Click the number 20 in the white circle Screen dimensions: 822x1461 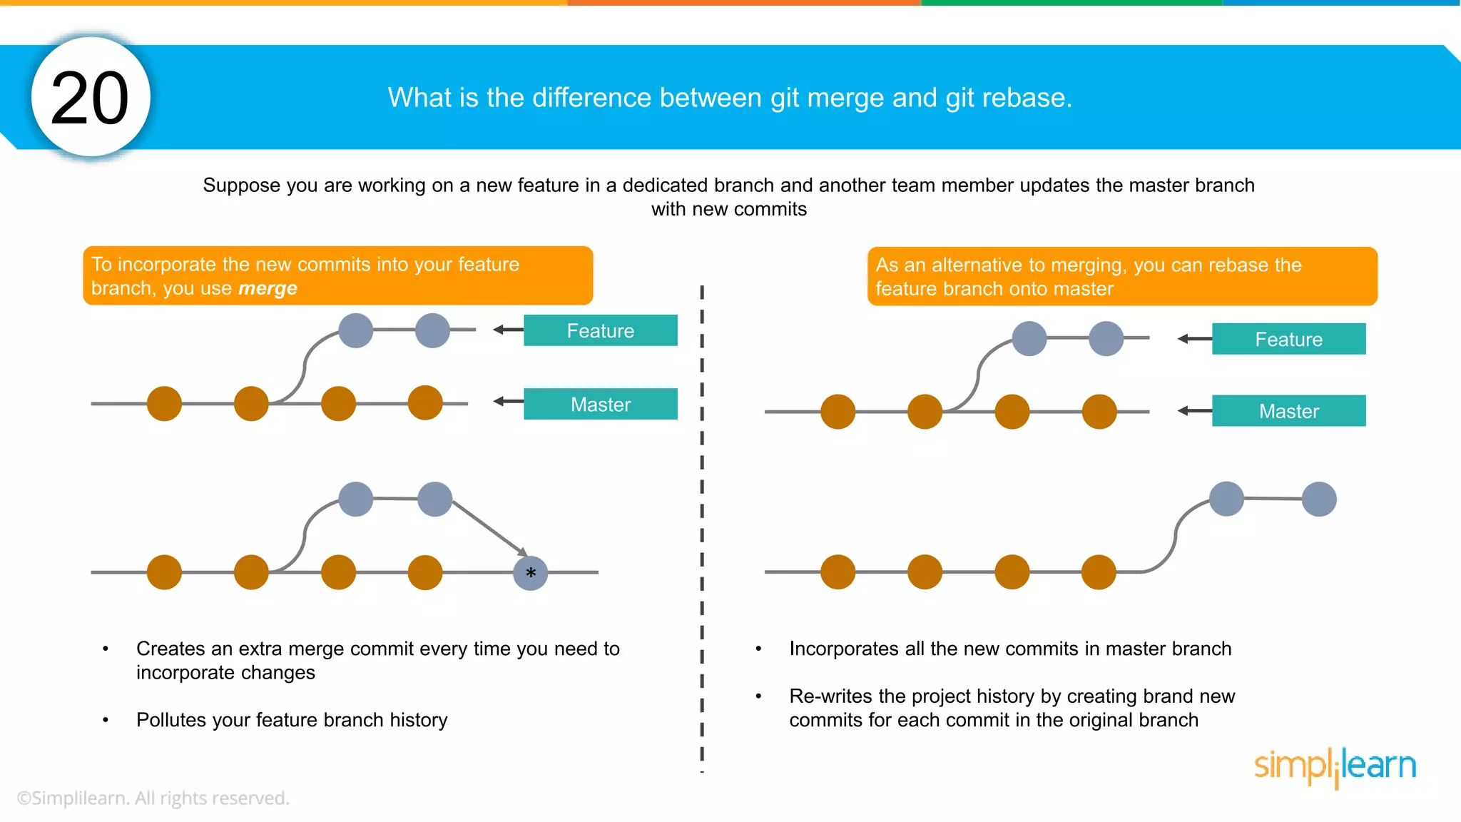click(x=90, y=98)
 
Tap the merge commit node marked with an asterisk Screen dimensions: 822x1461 click(x=530, y=573)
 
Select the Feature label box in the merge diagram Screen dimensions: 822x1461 click(x=600, y=330)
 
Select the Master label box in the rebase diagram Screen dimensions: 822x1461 click(x=1288, y=411)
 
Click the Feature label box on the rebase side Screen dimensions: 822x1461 click(x=1288, y=339)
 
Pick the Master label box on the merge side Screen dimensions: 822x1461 click(x=600, y=404)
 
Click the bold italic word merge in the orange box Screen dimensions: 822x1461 click(x=268, y=288)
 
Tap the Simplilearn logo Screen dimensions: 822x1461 click(x=1335, y=766)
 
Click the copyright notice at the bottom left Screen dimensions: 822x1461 click(x=153, y=798)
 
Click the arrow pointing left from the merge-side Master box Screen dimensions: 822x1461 click(x=508, y=402)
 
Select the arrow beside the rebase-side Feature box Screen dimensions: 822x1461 click(x=1194, y=339)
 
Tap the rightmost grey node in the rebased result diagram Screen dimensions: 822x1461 click(x=1318, y=499)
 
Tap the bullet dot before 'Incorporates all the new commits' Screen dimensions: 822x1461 click(x=758, y=649)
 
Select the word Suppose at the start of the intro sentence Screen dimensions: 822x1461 click(x=241, y=186)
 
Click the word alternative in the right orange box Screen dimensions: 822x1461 click(x=977, y=265)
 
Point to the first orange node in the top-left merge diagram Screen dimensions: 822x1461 click(x=164, y=404)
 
